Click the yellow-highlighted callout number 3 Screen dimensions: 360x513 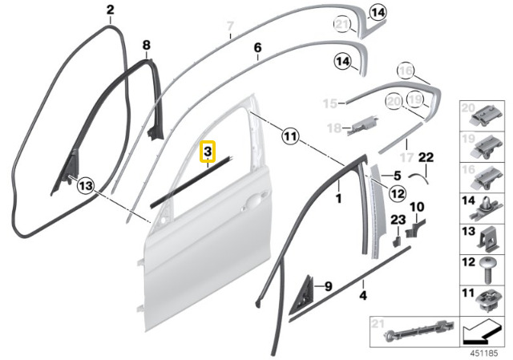(x=207, y=151)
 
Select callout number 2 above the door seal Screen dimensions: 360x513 (x=110, y=10)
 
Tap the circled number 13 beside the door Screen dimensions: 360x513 (x=86, y=186)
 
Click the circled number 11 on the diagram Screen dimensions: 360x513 (x=289, y=137)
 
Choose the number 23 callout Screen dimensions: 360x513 (x=398, y=220)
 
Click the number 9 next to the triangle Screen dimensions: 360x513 (x=328, y=285)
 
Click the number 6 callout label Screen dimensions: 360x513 (x=257, y=48)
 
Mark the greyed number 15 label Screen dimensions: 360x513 (x=329, y=103)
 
